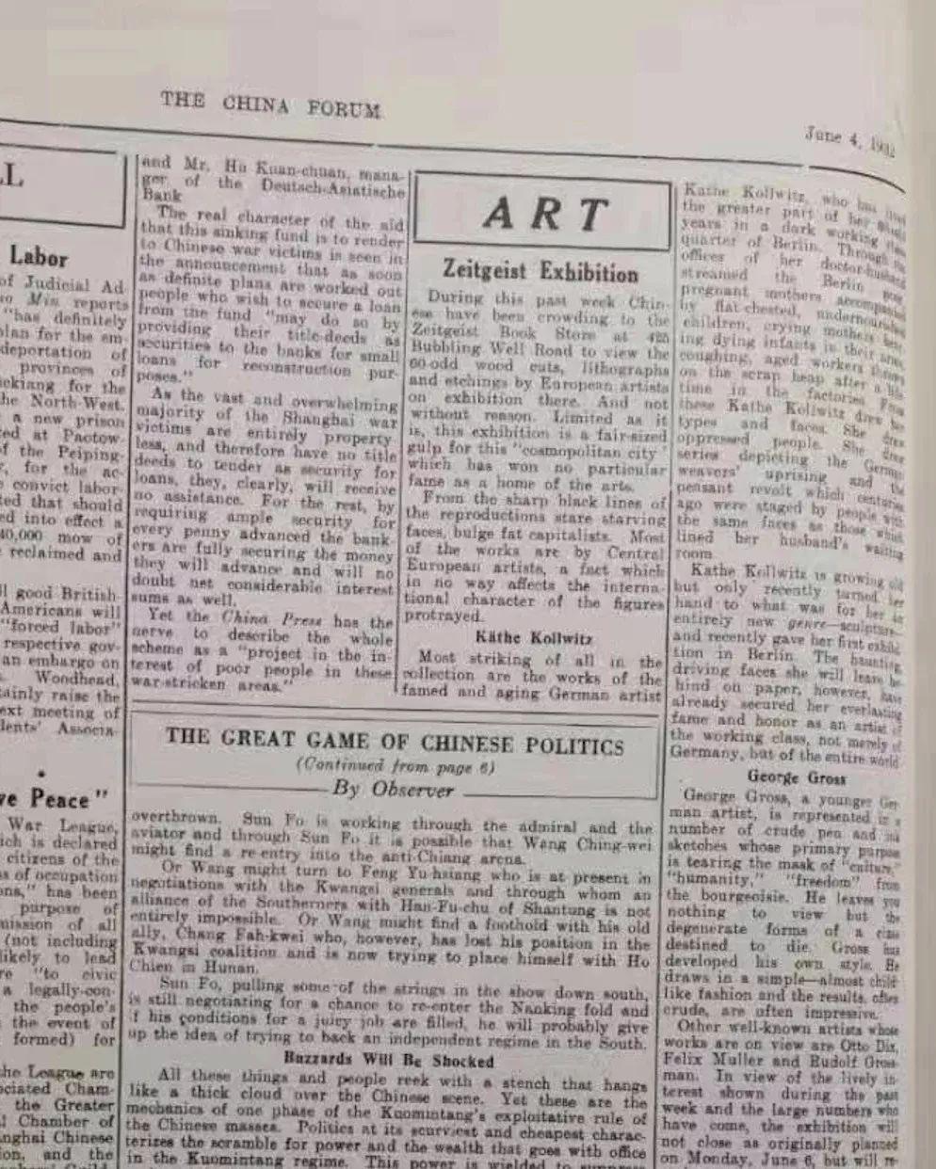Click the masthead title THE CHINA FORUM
click(x=270, y=104)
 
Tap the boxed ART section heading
click(x=543, y=215)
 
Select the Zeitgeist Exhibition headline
click(x=541, y=273)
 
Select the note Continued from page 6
click(x=395, y=766)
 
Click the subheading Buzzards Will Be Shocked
click(x=388, y=1061)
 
